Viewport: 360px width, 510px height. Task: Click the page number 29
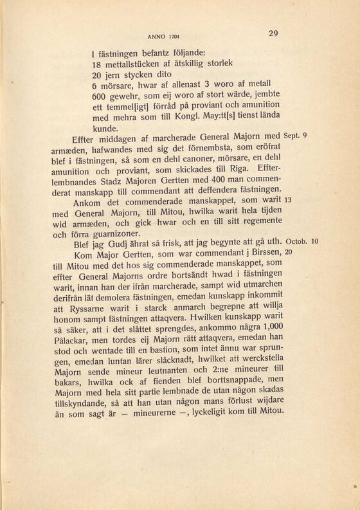(x=273, y=34)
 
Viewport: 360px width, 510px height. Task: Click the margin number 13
(x=289, y=201)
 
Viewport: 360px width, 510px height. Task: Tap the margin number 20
(x=289, y=253)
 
